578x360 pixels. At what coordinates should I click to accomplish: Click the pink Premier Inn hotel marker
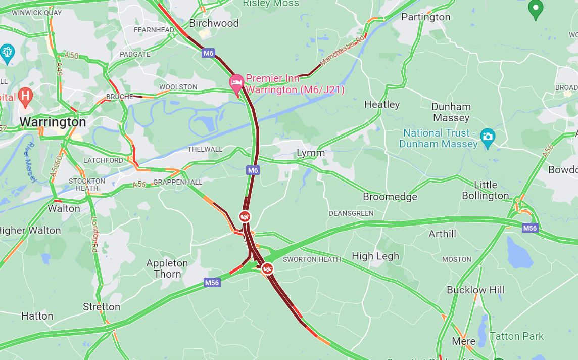236,83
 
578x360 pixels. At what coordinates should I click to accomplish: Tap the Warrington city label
53,122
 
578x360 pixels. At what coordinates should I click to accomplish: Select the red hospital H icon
25,95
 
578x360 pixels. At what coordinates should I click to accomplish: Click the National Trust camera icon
488,136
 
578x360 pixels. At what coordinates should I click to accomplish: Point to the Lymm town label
311,153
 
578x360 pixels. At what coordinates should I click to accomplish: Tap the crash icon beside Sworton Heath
267,268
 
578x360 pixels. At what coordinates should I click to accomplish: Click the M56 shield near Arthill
529,228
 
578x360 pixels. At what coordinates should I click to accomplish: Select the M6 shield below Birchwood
208,53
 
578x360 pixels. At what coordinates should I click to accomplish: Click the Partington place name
425,17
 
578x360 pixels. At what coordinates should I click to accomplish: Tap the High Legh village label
375,256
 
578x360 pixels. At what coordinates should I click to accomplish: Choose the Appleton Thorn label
167,268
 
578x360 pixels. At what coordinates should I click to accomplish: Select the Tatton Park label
517,336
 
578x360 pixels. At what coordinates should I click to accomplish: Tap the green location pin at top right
535,9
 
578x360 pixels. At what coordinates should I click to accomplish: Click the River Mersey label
31,162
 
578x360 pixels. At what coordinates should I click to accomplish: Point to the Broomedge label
390,197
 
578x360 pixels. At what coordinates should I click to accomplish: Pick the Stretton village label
102,307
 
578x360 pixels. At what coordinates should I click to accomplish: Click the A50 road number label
72,55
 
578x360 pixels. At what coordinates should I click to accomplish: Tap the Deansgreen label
351,213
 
